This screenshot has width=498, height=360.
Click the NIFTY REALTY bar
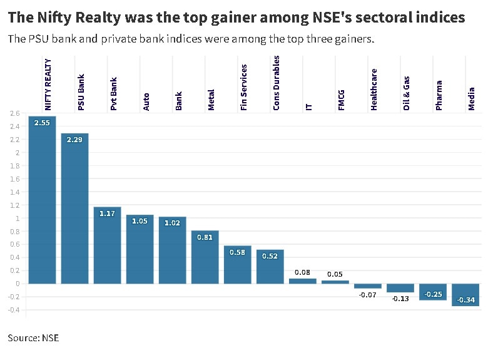click(x=42, y=200)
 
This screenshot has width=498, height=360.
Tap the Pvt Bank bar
click(x=107, y=245)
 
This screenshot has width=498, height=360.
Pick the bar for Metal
click(x=205, y=257)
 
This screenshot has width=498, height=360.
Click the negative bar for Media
click(x=465, y=294)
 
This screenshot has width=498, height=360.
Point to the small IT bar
click(x=302, y=280)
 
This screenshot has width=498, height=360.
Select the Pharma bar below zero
click(x=433, y=292)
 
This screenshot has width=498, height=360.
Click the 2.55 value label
click(x=42, y=123)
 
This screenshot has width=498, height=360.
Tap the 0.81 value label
click(x=205, y=237)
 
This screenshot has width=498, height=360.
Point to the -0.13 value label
click(x=400, y=299)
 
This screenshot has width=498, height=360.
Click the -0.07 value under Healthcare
click(x=368, y=294)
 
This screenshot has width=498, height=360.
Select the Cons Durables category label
click(x=277, y=83)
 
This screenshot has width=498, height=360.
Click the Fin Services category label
click(x=244, y=87)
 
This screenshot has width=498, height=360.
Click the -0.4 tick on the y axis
click(x=14, y=310)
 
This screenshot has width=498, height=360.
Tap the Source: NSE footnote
click(x=33, y=338)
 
